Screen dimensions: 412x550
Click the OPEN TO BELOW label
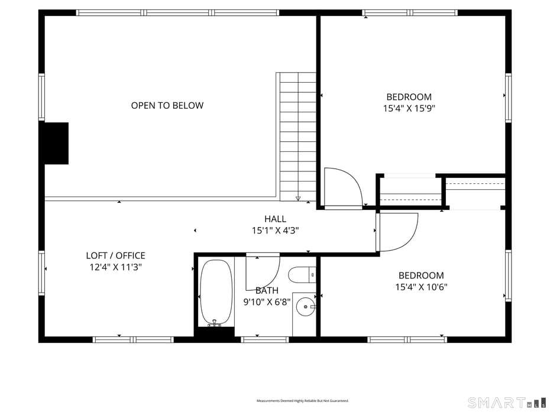tap(167, 106)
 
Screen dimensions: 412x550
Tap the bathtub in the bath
tap(215, 291)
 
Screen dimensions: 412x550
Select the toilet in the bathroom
tap(300, 275)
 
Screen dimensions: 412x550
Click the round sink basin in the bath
tap(305, 306)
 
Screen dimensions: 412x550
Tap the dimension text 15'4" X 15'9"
tap(409, 109)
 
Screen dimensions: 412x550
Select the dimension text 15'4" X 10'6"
tap(420, 287)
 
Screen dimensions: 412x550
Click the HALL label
tap(275, 219)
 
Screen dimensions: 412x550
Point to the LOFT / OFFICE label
tap(115, 256)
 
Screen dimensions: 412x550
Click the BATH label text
tap(267, 290)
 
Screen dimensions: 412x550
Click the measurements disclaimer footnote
tap(302, 401)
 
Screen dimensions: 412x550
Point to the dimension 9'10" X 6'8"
tap(267, 301)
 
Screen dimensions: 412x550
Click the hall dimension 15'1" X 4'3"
tap(275, 231)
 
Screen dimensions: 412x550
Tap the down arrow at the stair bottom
tap(298, 198)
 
